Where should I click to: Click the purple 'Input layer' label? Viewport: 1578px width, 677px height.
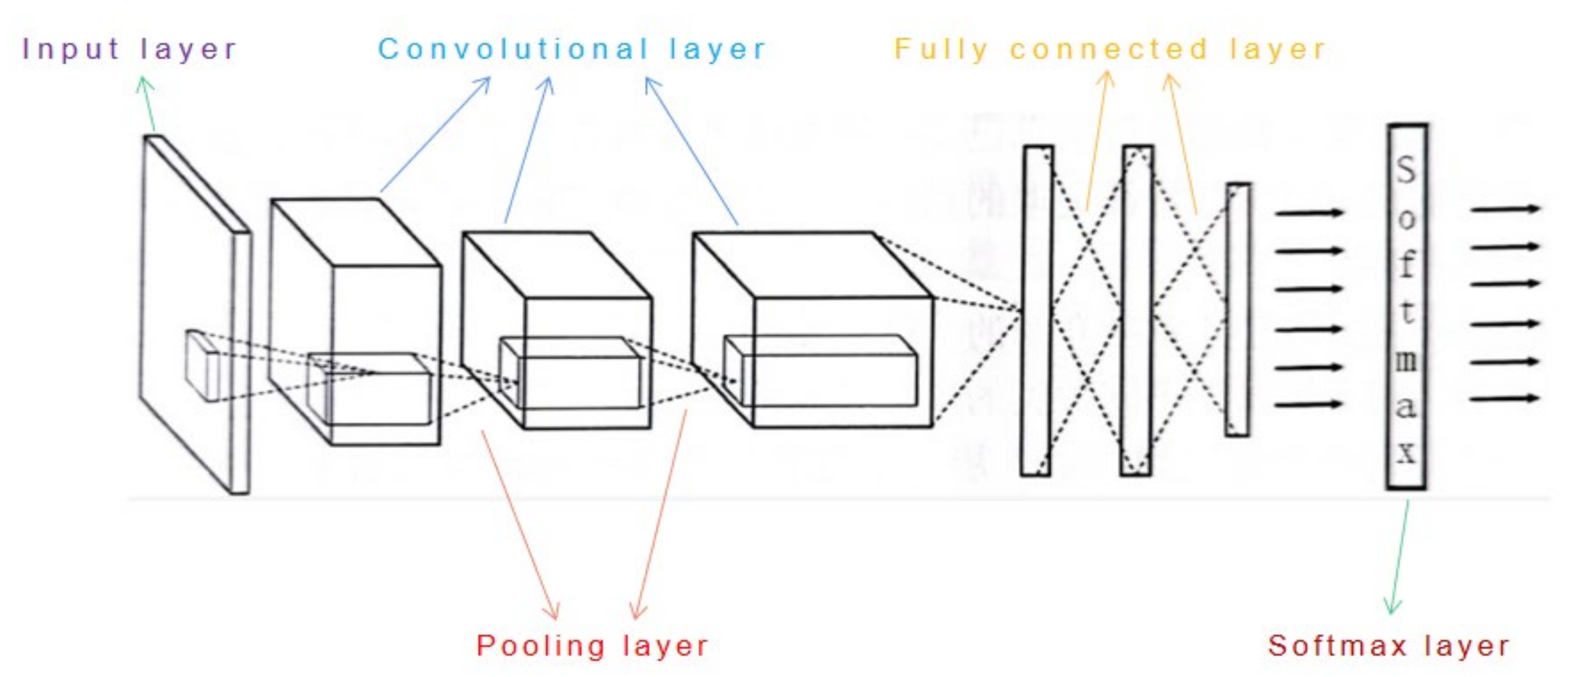[129, 49]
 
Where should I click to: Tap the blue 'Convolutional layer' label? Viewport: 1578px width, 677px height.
[571, 49]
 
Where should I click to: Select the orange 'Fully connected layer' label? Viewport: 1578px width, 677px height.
[1109, 49]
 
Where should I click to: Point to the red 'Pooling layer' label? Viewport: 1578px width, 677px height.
[592, 646]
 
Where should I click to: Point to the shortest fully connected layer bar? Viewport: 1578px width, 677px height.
[1237, 310]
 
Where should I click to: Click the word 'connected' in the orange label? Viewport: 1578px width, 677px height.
[1109, 49]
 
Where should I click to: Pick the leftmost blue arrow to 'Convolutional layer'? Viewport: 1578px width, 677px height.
[435, 135]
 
